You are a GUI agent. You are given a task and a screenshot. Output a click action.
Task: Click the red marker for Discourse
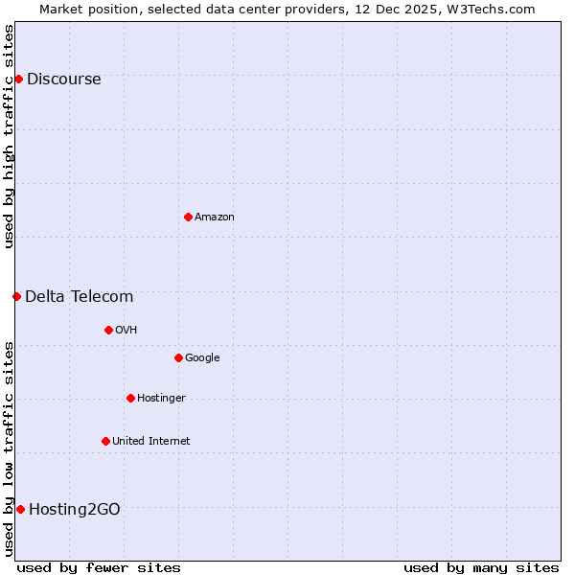tap(18, 79)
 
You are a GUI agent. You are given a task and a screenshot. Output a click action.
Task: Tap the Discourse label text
tap(63, 80)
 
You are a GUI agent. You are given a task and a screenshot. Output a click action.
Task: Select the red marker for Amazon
tap(188, 217)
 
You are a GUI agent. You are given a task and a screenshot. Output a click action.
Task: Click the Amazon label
tap(215, 218)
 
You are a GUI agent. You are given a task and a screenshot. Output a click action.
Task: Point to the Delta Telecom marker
tap(16, 296)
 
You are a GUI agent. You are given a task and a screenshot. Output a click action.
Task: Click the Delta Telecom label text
tap(79, 297)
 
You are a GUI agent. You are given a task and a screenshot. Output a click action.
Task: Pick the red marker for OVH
tap(108, 330)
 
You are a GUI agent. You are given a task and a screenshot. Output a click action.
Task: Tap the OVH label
tap(126, 331)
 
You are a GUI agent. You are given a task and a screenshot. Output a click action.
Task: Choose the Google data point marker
tap(178, 357)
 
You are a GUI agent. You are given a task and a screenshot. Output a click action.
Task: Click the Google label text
tap(202, 358)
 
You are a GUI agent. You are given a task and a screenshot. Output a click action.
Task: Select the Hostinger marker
tap(130, 398)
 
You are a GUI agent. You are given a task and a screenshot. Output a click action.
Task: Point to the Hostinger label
tap(161, 399)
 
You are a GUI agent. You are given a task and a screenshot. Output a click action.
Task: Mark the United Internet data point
tap(105, 441)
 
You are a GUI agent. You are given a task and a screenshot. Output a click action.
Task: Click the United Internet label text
tap(150, 442)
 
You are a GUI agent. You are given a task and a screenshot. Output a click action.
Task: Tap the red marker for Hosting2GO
tap(20, 509)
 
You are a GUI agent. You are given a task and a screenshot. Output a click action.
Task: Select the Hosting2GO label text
tap(75, 510)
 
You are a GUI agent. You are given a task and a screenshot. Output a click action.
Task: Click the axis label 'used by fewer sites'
tap(99, 567)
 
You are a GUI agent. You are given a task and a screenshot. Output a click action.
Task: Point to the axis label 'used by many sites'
tap(481, 567)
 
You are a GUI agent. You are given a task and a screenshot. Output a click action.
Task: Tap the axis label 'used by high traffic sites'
tap(10, 136)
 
